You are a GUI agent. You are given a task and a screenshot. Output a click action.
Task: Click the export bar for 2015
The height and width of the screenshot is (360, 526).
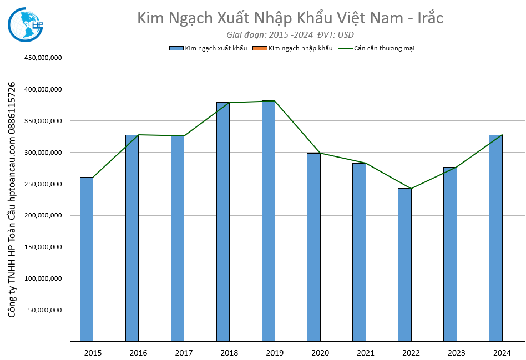pyautogui.click(x=87, y=259)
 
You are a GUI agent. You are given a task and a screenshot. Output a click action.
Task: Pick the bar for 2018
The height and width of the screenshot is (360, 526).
pyautogui.click(x=223, y=221)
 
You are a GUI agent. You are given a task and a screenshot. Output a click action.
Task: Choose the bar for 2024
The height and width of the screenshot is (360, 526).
pyautogui.click(x=495, y=238)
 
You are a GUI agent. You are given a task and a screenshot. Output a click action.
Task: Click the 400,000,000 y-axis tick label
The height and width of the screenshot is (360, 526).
pyautogui.click(x=42, y=89)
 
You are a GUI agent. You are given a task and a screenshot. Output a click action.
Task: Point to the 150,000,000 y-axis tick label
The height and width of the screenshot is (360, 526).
pyautogui.click(x=42, y=247)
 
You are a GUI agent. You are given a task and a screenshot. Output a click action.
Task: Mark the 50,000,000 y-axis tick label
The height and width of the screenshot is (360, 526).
pyautogui.click(x=44, y=310)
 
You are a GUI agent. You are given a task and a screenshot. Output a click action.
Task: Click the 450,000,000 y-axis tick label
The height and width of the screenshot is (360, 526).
pyautogui.click(x=42, y=58)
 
